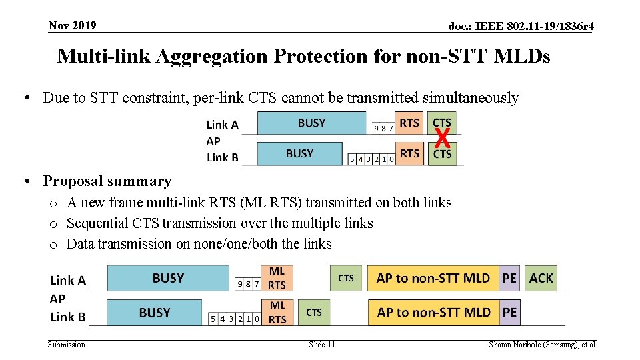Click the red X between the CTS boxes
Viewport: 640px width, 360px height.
click(441, 139)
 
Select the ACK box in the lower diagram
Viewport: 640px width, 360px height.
click(541, 278)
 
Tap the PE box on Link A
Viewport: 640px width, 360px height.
click(509, 278)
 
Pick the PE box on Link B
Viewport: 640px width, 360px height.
click(509, 312)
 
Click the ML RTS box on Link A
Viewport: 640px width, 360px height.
click(277, 278)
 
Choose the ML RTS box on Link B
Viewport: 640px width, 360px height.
click(277, 312)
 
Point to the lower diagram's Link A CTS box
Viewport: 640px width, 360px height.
click(346, 278)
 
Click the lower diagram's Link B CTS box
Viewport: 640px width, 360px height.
click(313, 312)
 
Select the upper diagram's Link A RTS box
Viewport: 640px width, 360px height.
click(409, 123)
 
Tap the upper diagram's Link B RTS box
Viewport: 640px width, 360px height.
click(409, 153)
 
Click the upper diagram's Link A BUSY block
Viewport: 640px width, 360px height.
click(311, 123)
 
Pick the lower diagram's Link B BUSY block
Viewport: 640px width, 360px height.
click(154, 312)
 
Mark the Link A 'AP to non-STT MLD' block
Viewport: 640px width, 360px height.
click(433, 278)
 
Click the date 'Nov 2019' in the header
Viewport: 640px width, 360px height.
click(72, 26)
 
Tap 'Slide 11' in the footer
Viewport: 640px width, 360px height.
click(322, 345)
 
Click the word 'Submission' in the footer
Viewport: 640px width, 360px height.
click(67, 345)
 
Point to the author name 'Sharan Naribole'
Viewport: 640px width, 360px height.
click(516, 345)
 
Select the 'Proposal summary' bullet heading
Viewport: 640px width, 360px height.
click(107, 181)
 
